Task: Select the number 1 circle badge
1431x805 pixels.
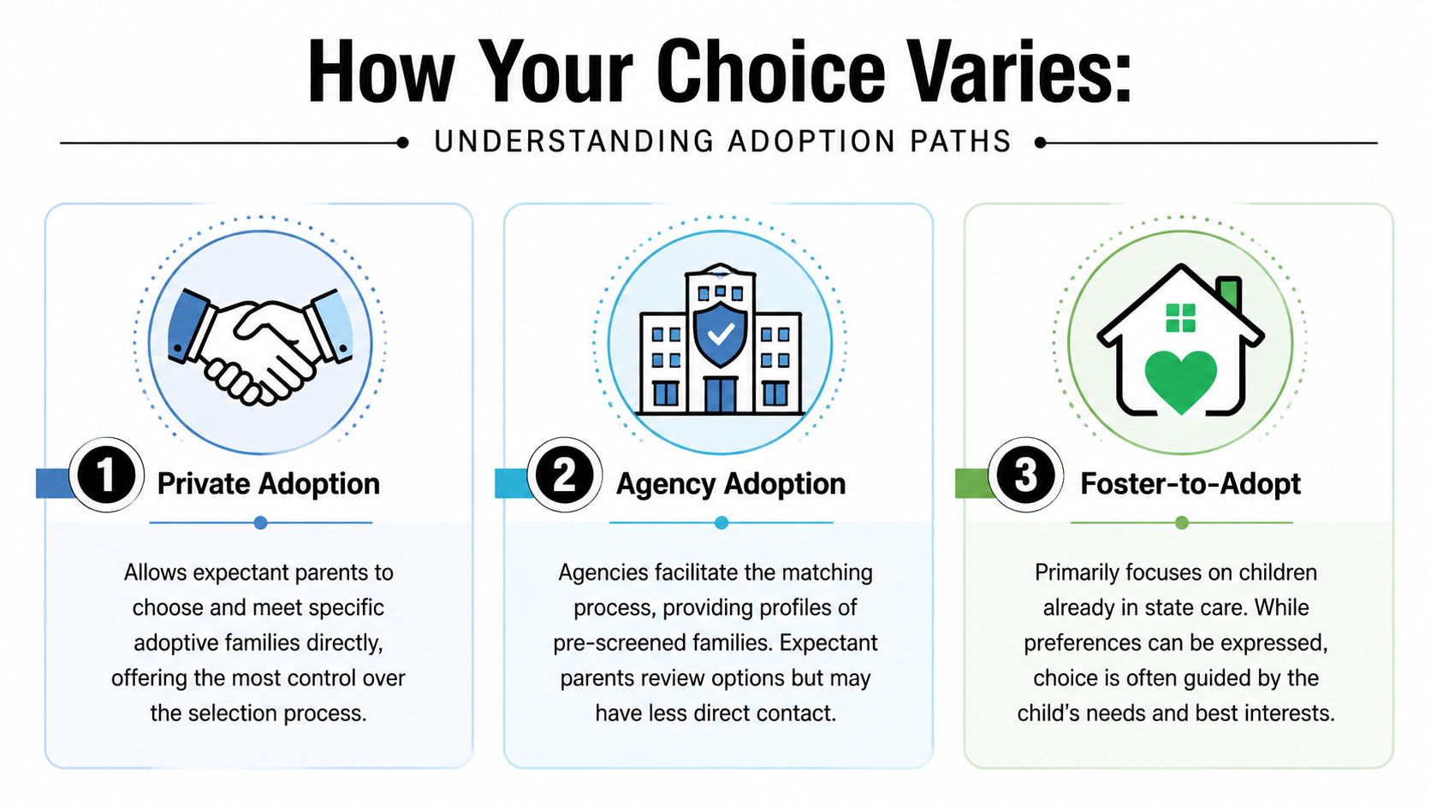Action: [105, 476]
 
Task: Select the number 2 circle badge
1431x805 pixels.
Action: [565, 476]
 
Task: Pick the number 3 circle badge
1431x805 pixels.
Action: [1025, 476]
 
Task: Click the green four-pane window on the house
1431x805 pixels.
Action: [1181, 318]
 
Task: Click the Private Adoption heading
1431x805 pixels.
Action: [268, 484]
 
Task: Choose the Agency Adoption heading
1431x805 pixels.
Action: [731, 484]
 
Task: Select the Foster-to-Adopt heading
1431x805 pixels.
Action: [1190, 484]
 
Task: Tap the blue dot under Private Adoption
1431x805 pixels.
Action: [261, 523]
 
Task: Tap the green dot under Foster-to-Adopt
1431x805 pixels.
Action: [1182, 523]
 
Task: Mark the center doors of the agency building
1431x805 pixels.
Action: [720, 394]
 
